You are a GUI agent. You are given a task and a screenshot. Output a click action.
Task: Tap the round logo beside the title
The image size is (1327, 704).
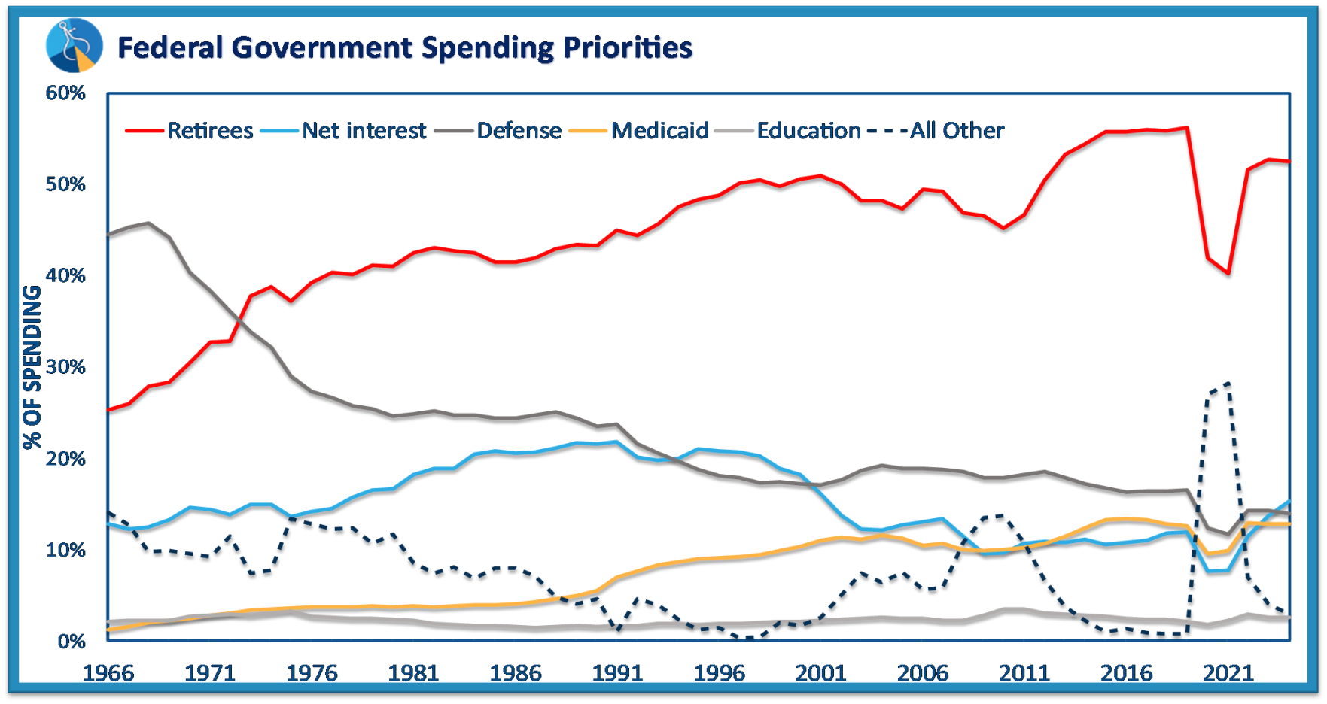(74, 45)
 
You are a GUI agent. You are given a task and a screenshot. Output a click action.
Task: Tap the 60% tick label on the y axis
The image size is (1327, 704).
(65, 93)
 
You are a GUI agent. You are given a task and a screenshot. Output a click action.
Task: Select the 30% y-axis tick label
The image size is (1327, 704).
(65, 367)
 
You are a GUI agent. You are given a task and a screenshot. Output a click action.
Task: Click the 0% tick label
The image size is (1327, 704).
(71, 642)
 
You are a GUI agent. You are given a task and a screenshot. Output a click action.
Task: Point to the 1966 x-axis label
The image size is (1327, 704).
(108, 672)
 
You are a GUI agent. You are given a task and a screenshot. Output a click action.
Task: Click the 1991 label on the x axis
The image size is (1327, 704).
(617, 672)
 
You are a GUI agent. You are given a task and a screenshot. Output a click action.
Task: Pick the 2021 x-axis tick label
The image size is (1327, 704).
(1228, 672)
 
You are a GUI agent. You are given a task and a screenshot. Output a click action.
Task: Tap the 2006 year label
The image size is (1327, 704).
(922, 672)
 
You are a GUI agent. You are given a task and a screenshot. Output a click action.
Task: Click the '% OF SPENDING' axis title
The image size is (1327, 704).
(32, 367)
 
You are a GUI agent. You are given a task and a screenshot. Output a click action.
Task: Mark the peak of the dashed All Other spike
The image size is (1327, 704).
(1228, 383)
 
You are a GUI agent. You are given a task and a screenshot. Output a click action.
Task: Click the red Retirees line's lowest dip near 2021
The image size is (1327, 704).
(1228, 273)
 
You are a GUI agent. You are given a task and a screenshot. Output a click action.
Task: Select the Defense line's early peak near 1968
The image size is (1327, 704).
(148, 223)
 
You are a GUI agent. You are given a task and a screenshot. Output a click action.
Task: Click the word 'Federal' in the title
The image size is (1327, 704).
(170, 48)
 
